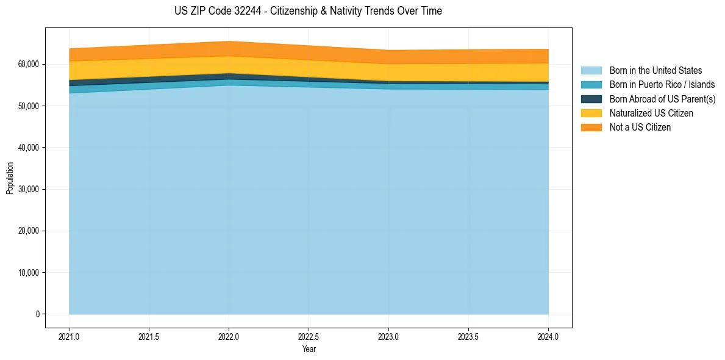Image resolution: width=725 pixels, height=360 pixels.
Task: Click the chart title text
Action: pos(308,11)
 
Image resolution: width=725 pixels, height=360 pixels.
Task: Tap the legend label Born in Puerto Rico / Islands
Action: pos(662,85)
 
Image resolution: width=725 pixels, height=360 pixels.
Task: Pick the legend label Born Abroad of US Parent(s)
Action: pos(662,99)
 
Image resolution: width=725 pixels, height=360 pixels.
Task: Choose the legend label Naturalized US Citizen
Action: pos(651,113)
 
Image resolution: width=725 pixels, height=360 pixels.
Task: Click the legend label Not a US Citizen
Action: pos(640,127)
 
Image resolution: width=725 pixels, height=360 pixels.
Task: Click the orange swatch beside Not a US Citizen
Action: pos(591,127)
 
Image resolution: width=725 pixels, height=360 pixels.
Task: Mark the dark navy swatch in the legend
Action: pos(591,99)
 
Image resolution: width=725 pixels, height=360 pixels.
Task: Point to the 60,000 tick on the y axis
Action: pos(28,64)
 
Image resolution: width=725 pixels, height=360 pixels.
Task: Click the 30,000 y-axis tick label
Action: pos(28,189)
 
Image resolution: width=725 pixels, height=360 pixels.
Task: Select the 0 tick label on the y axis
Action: pos(37,314)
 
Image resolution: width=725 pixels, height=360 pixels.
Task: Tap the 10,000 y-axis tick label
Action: pos(28,273)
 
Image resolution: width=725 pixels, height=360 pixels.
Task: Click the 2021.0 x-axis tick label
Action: pos(69,336)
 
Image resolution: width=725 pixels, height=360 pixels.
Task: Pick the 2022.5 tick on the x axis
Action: pos(309,336)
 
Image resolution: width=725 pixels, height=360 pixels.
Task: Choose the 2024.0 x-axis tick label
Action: pos(548,336)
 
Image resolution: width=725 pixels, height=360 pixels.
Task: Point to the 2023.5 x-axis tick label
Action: pos(468,336)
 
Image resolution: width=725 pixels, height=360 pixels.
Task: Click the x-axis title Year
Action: pos(309,349)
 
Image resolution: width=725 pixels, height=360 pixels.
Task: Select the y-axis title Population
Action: pos(10,178)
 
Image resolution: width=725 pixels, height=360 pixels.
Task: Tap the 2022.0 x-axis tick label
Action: pos(229,336)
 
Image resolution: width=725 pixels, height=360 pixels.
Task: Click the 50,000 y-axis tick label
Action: pos(28,106)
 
